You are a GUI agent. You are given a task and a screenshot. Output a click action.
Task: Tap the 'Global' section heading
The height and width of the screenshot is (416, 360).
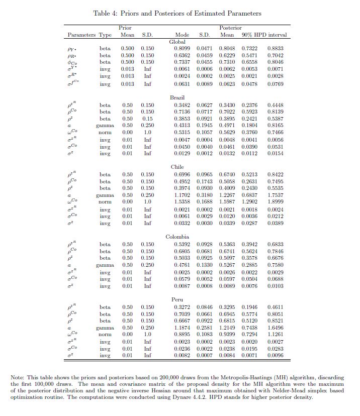(177, 42)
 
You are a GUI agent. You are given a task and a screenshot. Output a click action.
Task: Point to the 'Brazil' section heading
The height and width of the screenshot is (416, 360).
(177, 97)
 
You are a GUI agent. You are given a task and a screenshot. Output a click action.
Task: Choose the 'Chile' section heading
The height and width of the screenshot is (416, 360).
(177, 167)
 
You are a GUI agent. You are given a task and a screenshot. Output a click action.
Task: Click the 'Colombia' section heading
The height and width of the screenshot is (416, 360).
(177, 237)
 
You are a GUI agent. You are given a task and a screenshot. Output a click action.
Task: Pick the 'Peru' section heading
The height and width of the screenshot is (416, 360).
(177, 299)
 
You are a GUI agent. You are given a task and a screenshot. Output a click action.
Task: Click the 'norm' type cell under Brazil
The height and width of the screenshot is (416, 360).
(105, 132)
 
